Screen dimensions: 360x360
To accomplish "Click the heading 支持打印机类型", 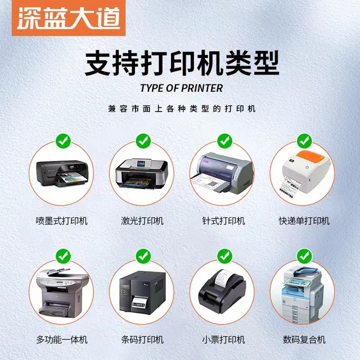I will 181,63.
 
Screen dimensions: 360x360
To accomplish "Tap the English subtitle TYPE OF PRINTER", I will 181,88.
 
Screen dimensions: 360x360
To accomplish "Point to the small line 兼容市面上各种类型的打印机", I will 181,108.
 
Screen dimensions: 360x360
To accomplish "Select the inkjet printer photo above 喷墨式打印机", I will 62,172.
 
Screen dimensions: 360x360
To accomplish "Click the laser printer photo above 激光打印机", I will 142,172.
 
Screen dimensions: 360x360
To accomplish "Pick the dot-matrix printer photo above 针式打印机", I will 224,172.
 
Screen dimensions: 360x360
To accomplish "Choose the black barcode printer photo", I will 142,294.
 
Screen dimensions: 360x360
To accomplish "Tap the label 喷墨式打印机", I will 62,220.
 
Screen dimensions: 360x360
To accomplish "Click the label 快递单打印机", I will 304,220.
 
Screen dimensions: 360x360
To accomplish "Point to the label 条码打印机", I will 142,340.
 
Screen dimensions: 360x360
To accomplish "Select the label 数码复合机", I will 304,340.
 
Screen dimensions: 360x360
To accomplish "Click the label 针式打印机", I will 224,220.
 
